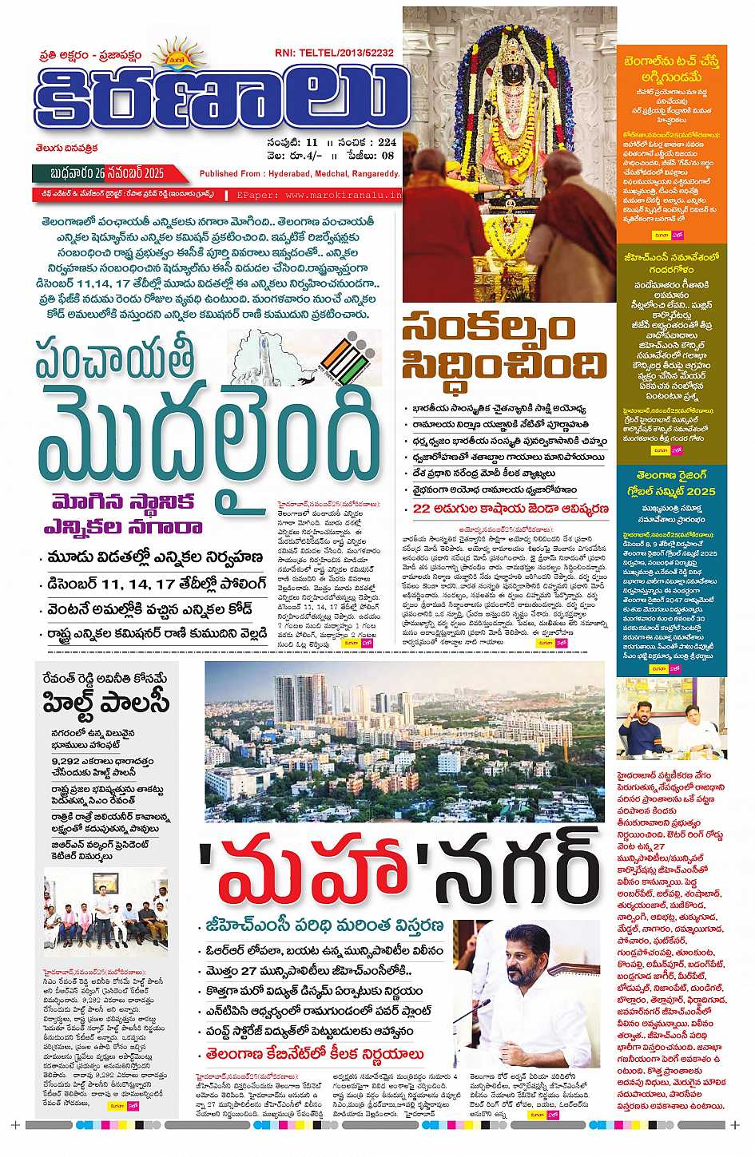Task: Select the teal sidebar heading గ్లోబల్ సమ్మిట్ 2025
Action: click(672, 491)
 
